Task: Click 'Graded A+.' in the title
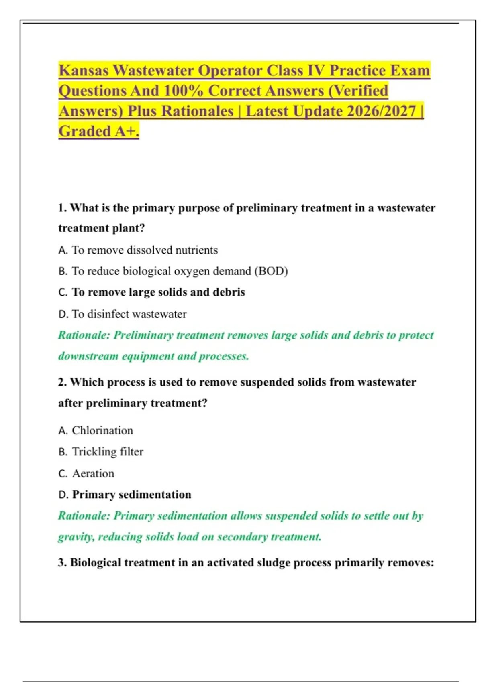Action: point(99,131)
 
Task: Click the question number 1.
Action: point(62,208)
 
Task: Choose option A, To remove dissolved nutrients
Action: point(145,250)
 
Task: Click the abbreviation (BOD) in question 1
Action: point(271,271)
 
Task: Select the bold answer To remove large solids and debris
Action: point(158,292)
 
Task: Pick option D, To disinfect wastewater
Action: point(129,314)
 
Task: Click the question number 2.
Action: point(62,382)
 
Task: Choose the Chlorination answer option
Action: point(102,430)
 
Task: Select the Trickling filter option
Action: point(108,452)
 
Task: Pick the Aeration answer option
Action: point(93,473)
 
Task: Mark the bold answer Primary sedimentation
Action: point(132,495)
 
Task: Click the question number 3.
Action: point(62,563)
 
